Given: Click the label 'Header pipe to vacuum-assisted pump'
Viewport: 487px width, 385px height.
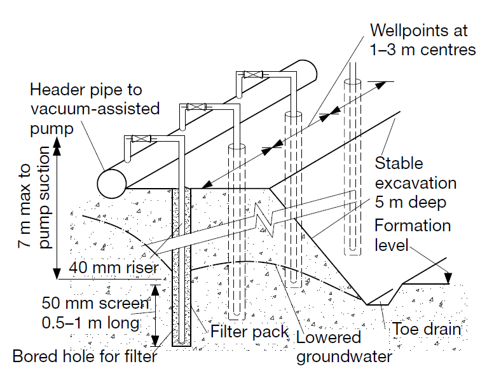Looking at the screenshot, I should (95, 108).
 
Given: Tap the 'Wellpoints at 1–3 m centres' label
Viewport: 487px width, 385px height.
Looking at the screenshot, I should (422, 39).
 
